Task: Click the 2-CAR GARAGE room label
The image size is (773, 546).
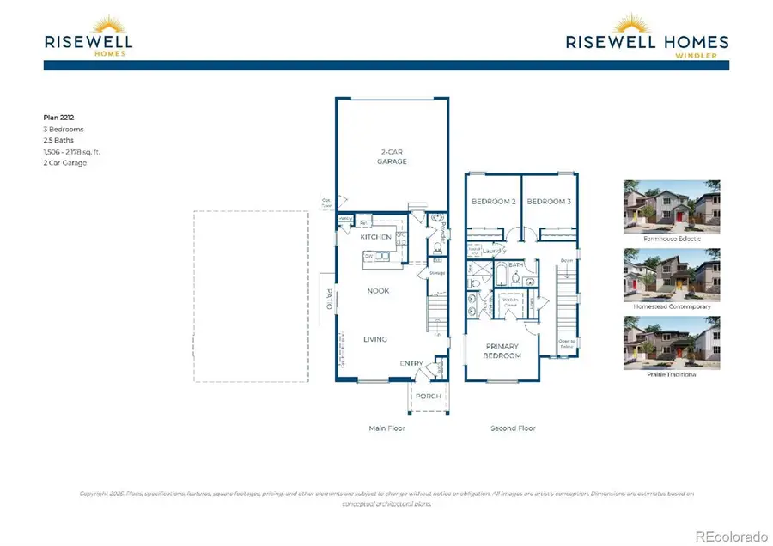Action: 393,157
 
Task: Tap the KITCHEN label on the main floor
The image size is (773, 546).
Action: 375,236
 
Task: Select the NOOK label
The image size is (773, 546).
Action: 378,291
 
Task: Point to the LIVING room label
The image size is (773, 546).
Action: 375,339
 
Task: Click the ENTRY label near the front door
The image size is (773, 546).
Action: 411,364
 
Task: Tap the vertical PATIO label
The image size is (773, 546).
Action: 327,299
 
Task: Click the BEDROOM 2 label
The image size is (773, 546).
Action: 492,202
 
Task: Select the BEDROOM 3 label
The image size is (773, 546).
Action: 547,202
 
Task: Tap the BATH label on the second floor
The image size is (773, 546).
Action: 515,266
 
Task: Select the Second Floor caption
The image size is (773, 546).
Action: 513,428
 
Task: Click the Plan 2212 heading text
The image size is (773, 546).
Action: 58,118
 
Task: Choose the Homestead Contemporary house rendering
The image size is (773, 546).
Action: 672,275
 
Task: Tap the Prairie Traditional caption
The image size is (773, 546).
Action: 672,374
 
